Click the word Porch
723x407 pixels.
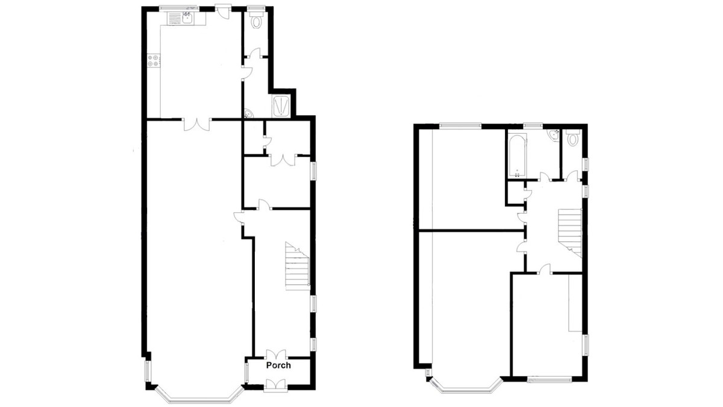(x=278, y=365)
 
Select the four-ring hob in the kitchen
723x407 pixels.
(x=154, y=60)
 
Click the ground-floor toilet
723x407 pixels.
(x=258, y=22)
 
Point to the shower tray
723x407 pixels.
(x=282, y=106)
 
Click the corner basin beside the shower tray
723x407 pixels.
(x=248, y=113)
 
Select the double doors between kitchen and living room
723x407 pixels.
(x=196, y=123)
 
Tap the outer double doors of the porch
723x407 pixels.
(x=274, y=384)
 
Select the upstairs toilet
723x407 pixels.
(x=572, y=138)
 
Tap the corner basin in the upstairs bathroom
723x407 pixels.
(x=554, y=136)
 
